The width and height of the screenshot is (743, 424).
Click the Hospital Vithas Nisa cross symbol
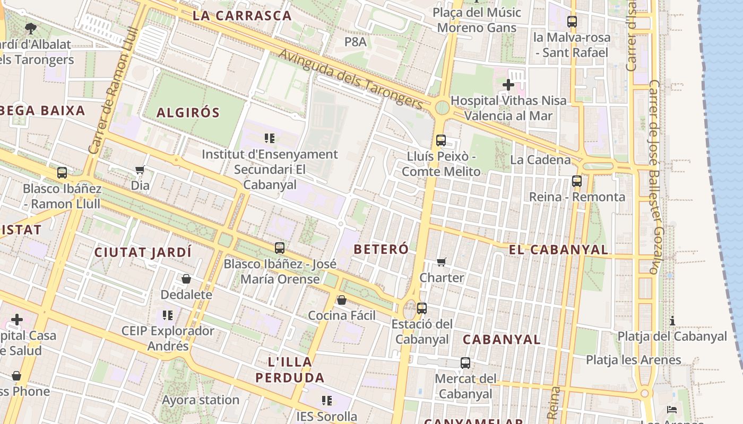click(508, 84)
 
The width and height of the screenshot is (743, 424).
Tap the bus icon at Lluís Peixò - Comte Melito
click(440, 140)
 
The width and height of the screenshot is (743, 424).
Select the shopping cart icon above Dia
click(140, 170)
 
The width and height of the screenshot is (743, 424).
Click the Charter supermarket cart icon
click(441, 262)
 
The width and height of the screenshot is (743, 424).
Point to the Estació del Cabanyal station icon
click(422, 308)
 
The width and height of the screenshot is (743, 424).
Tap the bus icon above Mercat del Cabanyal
click(465, 363)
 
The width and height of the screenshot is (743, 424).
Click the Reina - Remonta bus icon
click(577, 181)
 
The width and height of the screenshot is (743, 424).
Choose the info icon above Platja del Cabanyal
click(672, 321)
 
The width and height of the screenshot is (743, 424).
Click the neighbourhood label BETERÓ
click(381, 249)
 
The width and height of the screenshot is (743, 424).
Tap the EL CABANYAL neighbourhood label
click(558, 250)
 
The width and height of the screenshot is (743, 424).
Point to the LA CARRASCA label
click(242, 16)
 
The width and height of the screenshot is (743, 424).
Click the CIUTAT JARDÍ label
click(143, 252)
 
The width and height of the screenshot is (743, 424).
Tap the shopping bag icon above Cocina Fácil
click(342, 301)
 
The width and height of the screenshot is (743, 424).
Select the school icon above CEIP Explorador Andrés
click(168, 315)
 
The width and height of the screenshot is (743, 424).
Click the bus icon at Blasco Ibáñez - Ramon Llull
click(62, 172)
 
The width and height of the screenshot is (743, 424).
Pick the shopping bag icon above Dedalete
click(186, 279)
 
